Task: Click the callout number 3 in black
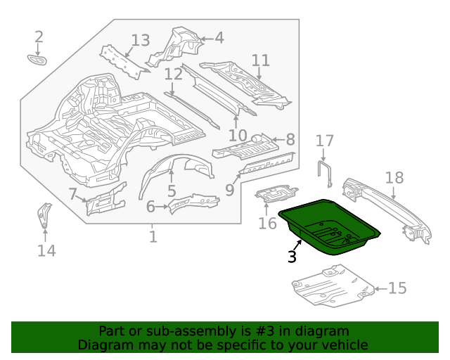(292, 257)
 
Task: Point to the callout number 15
(397, 288)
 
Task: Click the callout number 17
(324, 141)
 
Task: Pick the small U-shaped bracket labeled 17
(326, 173)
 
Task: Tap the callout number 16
(267, 224)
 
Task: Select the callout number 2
(39, 37)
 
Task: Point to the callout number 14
(46, 250)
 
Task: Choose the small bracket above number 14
(44, 214)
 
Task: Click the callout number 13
(141, 40)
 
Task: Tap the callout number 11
(260, 60)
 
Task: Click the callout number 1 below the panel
(153, 237)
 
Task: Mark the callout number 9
(230, 190)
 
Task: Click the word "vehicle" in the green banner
(345, 345)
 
